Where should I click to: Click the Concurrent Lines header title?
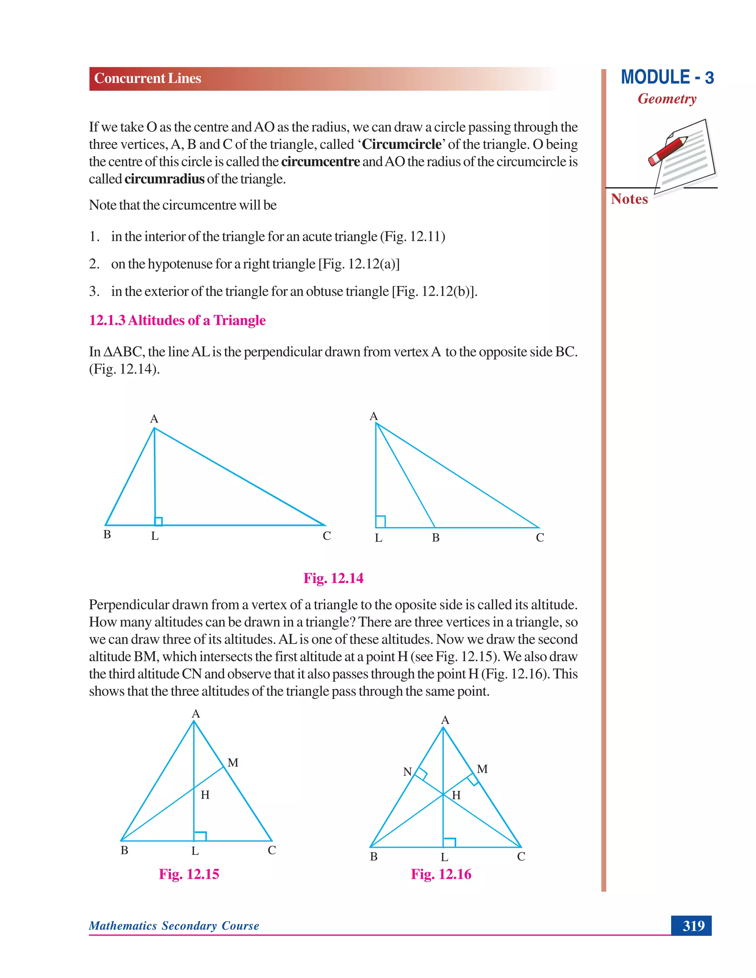[147, 78]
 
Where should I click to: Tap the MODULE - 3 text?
[667, 78]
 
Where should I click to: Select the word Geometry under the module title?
[667, 99]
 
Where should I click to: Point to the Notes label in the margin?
[629, 199]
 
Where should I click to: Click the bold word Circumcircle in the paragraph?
[401, 144]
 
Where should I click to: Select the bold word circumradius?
[164, 179]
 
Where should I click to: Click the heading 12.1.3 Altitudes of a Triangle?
[177, 320]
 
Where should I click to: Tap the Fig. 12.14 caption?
[333, 578]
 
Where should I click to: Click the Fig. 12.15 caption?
[189, 874]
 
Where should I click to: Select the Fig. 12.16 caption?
[441, 874]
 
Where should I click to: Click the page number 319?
[693, 925]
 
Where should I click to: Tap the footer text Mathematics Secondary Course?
[174, 926]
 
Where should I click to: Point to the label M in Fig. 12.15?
[233, 762]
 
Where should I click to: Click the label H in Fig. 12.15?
[205, 795]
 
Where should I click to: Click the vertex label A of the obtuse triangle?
[374, 416]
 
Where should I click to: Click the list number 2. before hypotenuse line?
[94, 264]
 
